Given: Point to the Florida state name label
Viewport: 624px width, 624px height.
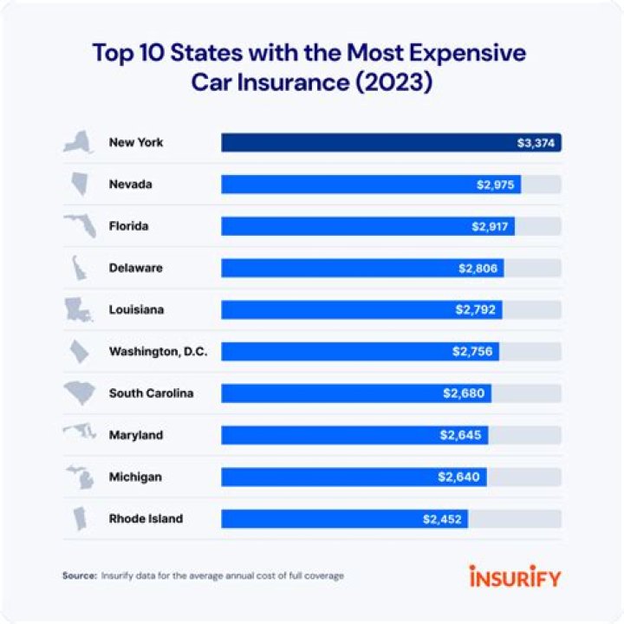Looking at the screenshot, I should coord(129,226).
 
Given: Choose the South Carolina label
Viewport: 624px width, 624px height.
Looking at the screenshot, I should coord(151,393).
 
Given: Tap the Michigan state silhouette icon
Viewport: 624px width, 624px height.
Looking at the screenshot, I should coord(80,478).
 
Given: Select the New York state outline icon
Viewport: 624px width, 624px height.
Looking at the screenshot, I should coord(79,143).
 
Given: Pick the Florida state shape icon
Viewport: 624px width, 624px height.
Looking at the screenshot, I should coord(80,227).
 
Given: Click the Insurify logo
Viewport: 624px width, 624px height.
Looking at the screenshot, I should coord(515,576).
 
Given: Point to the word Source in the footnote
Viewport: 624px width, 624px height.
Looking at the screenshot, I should coord(79,575).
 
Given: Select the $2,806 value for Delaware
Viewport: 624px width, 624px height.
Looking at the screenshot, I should coord(478,269).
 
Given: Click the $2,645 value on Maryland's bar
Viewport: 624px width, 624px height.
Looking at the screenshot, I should coord(462,435).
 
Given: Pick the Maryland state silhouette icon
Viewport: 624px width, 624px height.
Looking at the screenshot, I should coord(79,434).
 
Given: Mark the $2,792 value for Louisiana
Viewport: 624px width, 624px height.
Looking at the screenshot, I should coord(476,310).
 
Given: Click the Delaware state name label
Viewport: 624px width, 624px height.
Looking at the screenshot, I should coord(135,268).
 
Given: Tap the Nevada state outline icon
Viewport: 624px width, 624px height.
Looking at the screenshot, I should coord(79,185).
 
